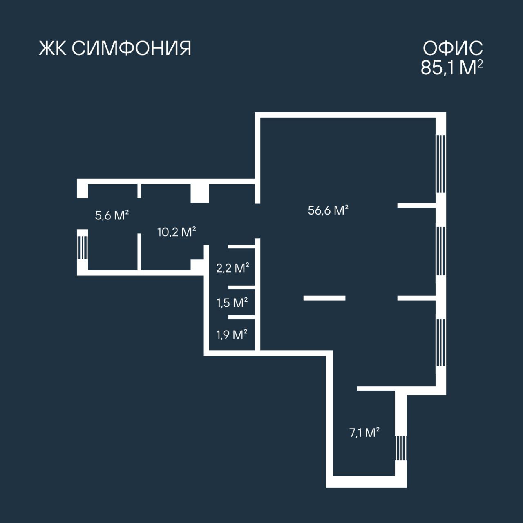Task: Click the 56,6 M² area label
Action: coord(328,210)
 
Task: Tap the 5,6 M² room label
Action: coord(112,215)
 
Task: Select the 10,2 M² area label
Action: coord(177,232)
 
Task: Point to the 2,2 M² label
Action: coord(232,268)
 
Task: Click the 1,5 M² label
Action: coord(232,303)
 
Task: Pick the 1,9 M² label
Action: coord(232,335)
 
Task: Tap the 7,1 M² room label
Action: coord(364,433)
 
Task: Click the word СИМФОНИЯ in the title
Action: coord(131,49)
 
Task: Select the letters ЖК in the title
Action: coord(53,49)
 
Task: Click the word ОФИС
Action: coord(453,49)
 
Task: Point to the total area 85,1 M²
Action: coord(452,67)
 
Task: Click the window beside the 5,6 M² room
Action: coord(83,248)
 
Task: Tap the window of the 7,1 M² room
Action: coord(400,448)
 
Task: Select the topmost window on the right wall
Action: coord(441,164)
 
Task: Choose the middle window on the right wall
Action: coord(441,251)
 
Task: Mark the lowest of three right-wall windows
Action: coord(441,342)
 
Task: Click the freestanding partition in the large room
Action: coord(324,298)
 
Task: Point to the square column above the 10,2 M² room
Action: coord(200,193)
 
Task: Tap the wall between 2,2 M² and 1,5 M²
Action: coord(241,287)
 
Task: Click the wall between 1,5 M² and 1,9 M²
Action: coord(241,317)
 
